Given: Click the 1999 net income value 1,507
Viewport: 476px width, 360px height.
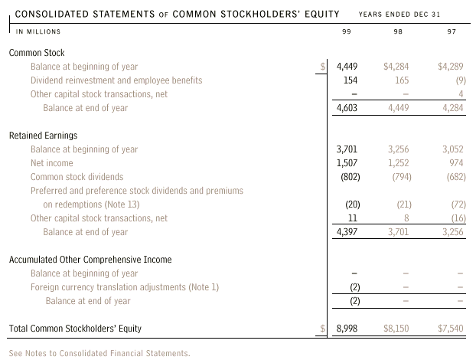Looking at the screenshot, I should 347,163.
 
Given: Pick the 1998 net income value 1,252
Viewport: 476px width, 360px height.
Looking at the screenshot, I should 399,163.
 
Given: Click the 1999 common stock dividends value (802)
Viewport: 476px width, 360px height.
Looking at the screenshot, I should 348,177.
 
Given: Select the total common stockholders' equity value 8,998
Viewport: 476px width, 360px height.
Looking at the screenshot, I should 347,329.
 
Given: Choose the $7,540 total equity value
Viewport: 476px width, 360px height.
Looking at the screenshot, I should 451,329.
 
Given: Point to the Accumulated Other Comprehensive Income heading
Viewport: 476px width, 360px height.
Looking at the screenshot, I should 90,260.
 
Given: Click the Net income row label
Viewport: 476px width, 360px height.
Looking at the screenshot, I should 52,163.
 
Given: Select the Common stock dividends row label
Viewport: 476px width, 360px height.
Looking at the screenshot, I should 77,177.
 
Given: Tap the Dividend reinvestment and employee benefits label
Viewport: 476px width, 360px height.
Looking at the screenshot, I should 116,80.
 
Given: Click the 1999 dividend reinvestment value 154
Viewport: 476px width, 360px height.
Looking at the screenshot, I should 350,80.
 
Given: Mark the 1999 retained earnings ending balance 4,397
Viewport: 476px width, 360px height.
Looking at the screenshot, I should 347,232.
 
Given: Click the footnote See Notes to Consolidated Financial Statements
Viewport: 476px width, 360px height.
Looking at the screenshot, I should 99,353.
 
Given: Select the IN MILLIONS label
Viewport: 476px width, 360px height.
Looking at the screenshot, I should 38,31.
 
